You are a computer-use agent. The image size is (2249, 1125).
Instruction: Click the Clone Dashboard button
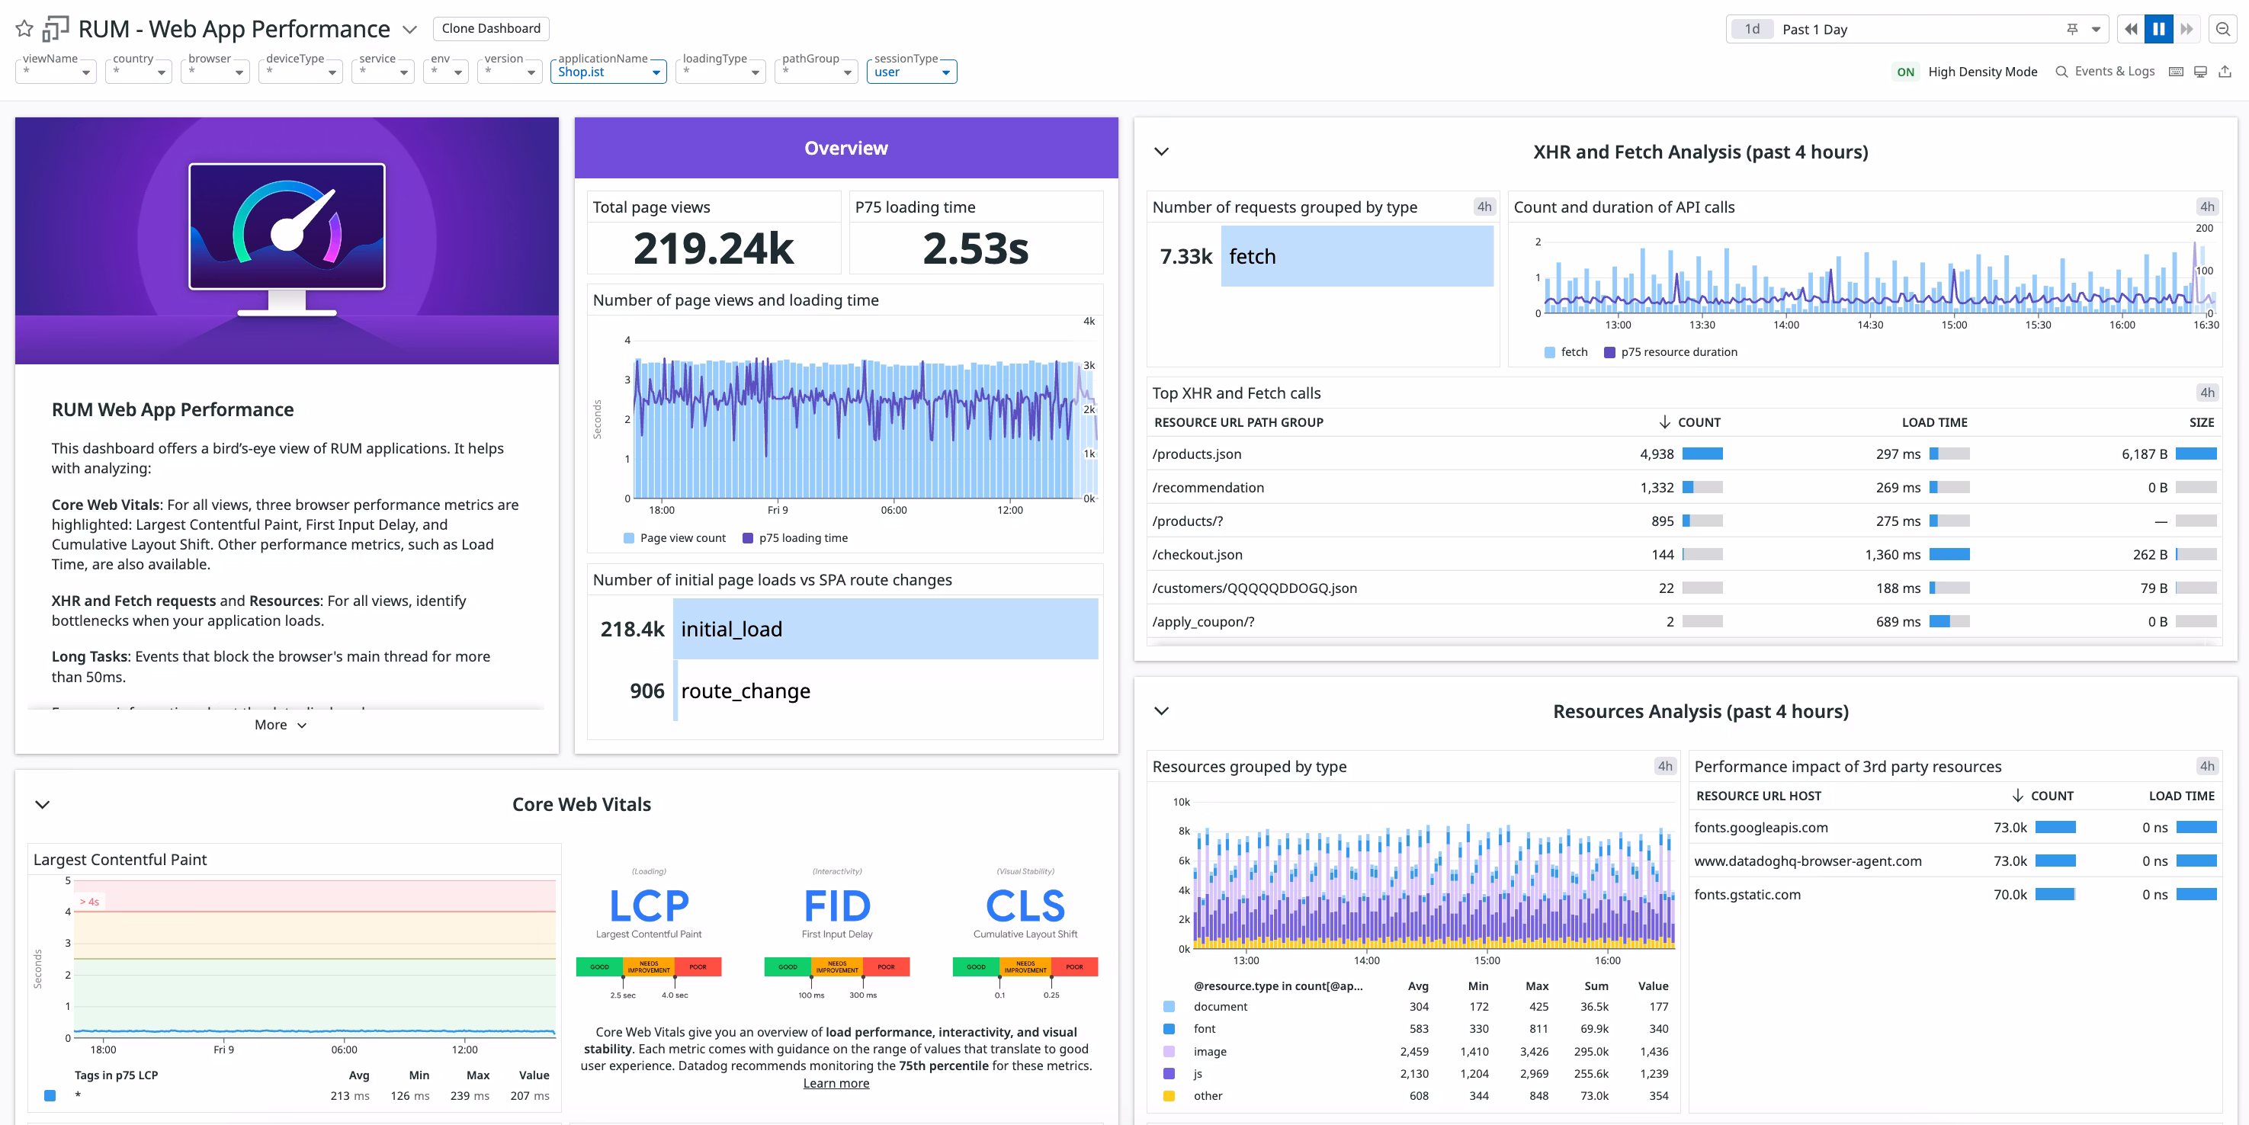(x=491, y=29)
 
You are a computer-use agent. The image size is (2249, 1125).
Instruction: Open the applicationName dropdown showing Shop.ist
(x=608, y=72)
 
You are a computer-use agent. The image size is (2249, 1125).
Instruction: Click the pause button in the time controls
(x=2158, y=30)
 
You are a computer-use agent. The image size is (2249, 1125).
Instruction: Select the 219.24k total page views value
(x=714, y=248)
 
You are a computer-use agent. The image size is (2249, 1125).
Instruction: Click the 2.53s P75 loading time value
(x=975, y=248)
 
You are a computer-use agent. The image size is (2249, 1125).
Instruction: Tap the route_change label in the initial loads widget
(x=745, y=691)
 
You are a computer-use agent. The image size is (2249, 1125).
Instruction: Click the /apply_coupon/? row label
(x=1203, y=622)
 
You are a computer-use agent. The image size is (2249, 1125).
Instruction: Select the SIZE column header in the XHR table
(x=2201, y=422)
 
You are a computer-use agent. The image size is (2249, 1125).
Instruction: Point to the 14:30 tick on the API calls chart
(x=1870, y=325)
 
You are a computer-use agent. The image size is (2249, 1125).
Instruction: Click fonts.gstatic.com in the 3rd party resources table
(x=1747, y=895)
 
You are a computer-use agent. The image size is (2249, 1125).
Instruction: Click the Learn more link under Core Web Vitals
(x=836, y=1083)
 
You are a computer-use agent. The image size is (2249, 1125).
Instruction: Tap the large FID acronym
(x=836, y=906)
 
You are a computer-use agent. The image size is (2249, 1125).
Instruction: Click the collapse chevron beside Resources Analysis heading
(x=1161, y=711)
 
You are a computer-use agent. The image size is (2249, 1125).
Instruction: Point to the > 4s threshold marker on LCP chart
(x=90, y=902)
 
